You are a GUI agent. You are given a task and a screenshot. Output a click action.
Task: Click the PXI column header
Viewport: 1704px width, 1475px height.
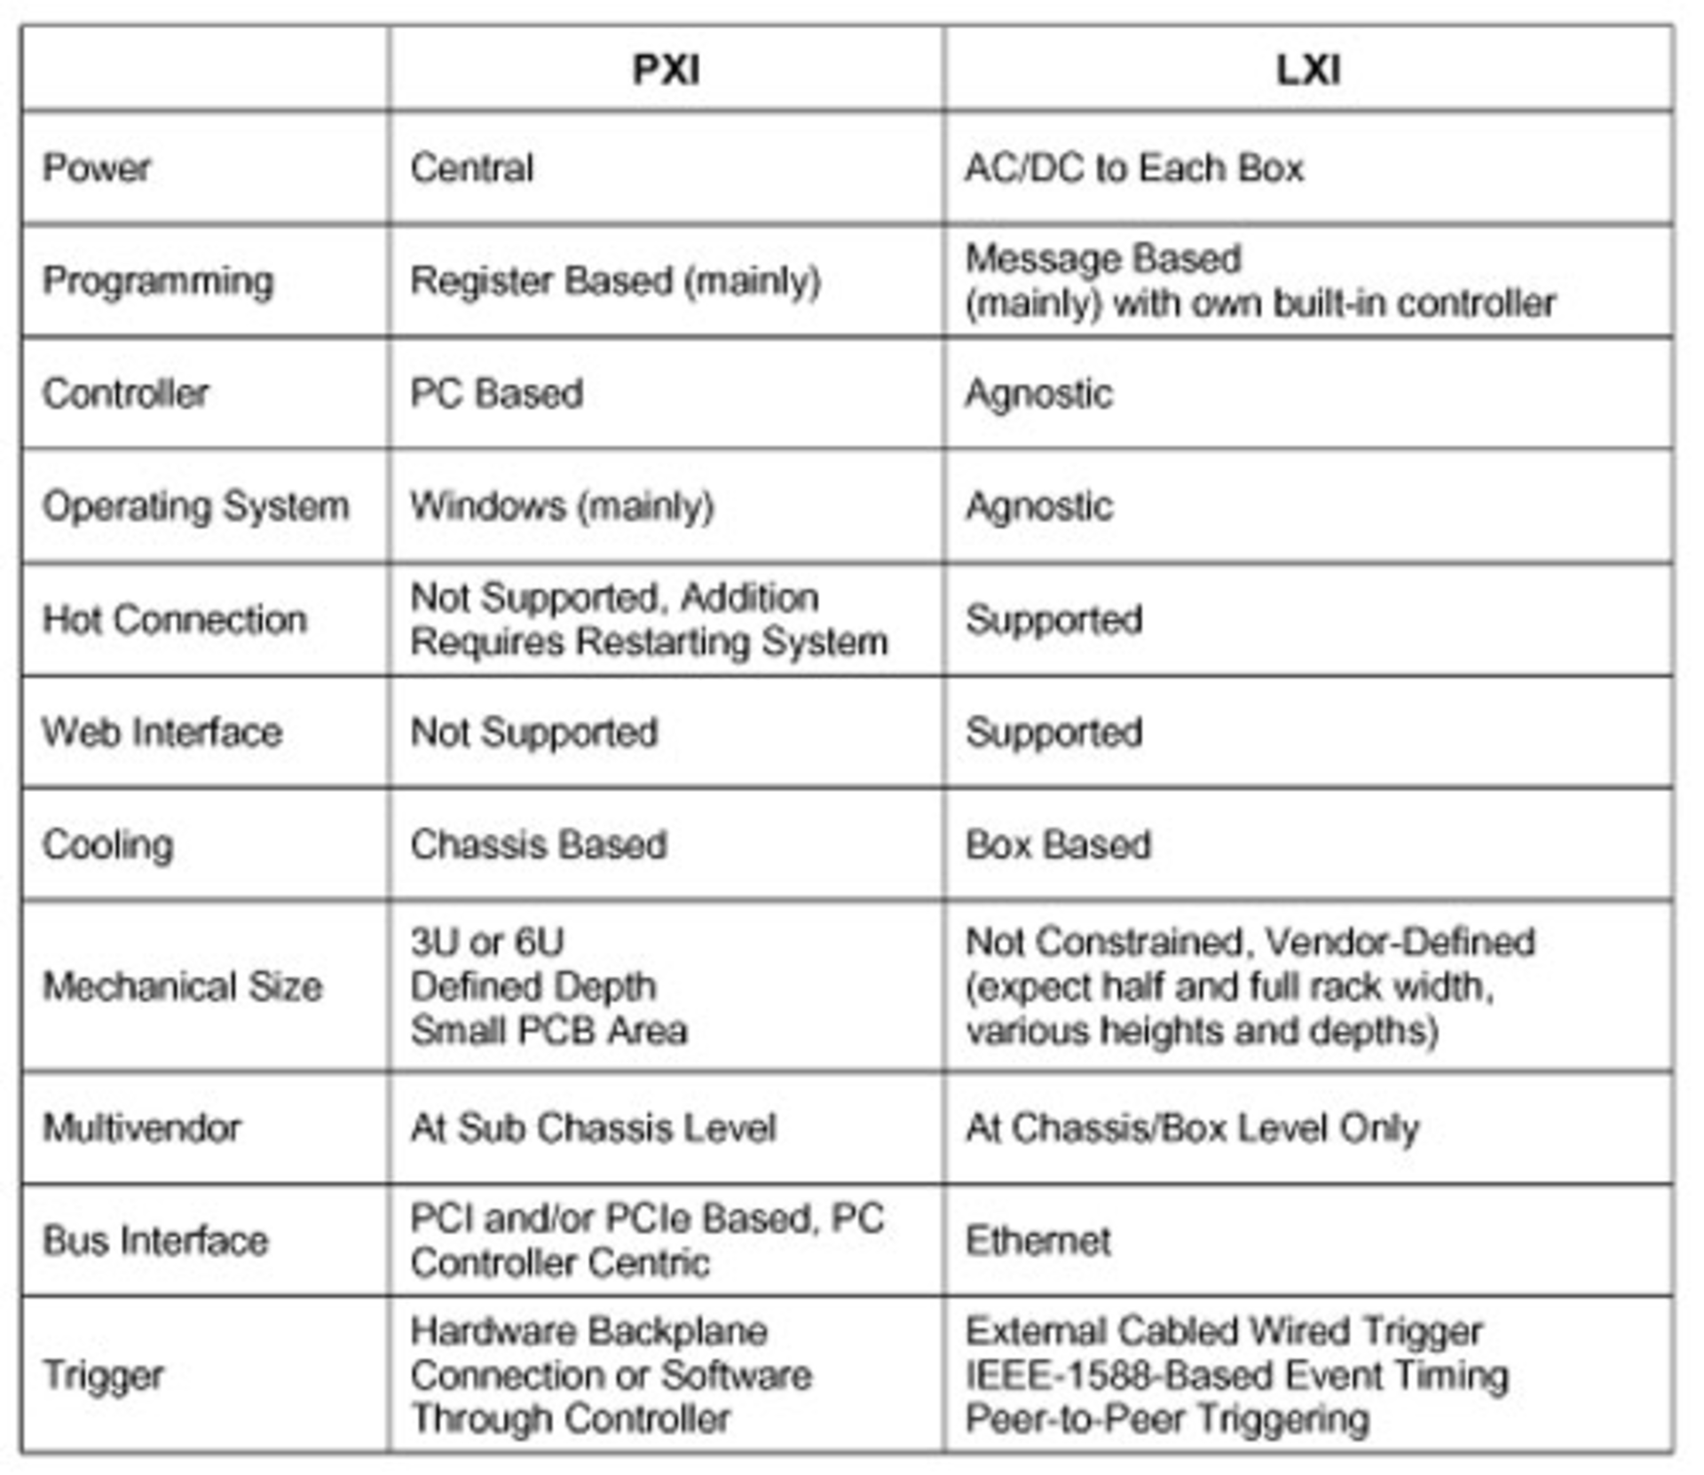666,70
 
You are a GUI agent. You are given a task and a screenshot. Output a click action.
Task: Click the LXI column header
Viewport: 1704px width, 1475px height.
1308,70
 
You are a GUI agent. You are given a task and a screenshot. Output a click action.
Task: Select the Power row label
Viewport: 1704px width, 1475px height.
97,168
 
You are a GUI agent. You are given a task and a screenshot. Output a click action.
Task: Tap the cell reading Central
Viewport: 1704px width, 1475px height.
471,168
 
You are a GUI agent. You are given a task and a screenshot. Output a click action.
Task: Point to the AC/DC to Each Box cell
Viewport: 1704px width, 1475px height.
1133,168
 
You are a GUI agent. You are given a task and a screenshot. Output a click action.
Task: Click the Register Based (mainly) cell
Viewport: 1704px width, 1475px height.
615,281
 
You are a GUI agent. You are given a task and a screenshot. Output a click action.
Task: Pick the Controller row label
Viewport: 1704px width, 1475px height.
125,394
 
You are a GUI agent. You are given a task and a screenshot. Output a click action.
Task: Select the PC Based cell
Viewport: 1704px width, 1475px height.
496,394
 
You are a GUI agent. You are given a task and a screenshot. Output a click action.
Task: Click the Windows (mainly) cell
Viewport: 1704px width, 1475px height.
562,506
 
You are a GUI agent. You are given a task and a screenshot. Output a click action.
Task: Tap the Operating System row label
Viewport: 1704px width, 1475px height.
195,506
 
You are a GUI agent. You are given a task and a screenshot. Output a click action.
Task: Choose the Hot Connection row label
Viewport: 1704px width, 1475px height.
174,619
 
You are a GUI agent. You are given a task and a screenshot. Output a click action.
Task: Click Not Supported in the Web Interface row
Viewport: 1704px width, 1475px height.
533,733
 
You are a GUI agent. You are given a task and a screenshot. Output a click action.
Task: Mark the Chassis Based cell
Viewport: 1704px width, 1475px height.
538,844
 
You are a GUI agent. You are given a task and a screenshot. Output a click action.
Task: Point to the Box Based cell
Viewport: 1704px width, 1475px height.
1058,844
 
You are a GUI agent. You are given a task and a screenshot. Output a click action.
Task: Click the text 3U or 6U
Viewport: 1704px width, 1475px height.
486,942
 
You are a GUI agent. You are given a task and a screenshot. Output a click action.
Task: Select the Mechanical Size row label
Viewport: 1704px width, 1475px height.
182,986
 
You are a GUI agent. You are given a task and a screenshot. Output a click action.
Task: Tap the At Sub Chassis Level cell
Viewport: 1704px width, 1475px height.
593,1128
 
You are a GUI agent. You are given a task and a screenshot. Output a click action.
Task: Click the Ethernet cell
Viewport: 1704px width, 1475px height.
1037,1241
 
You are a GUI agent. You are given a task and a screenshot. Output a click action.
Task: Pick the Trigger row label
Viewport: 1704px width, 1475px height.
103,1376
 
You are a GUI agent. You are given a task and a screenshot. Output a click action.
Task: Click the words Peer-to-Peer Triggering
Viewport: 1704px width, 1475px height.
1167,1419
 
